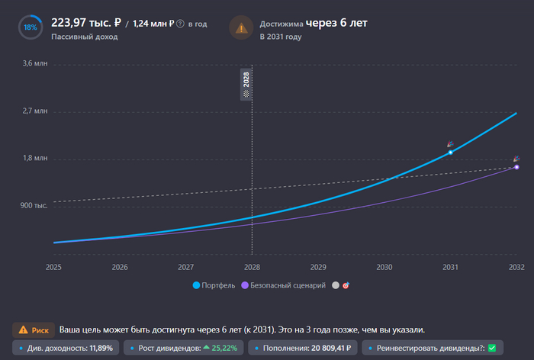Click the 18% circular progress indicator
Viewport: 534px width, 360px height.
point(30,27)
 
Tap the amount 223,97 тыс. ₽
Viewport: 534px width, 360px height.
point(79,23)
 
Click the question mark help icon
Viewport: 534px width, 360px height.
point(180,24)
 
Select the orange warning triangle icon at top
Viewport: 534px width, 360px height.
point(242,28)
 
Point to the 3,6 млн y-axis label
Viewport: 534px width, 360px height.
point(35,64)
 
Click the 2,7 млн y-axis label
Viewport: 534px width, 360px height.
point(35,111)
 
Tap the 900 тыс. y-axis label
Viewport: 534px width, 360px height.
point(35,206)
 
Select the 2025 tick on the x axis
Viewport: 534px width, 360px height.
point(53,267)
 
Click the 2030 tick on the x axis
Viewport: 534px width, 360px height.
point(384,267)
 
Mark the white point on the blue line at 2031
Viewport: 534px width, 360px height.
point(451,153)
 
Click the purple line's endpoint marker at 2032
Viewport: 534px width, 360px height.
point(516,167)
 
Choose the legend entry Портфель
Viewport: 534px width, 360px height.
point(214,285)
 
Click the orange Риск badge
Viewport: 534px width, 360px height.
point(34,330)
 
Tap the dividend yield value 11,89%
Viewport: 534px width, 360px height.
point(102,349)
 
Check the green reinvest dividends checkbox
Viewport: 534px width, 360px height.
point(491,349)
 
